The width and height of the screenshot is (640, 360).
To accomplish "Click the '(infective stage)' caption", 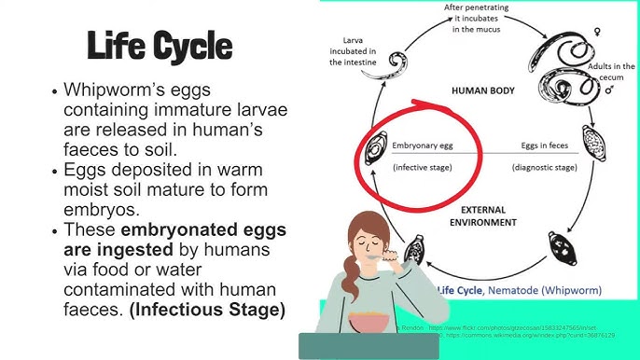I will (423, 167).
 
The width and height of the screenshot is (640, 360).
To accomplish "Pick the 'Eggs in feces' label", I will (542, 146).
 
